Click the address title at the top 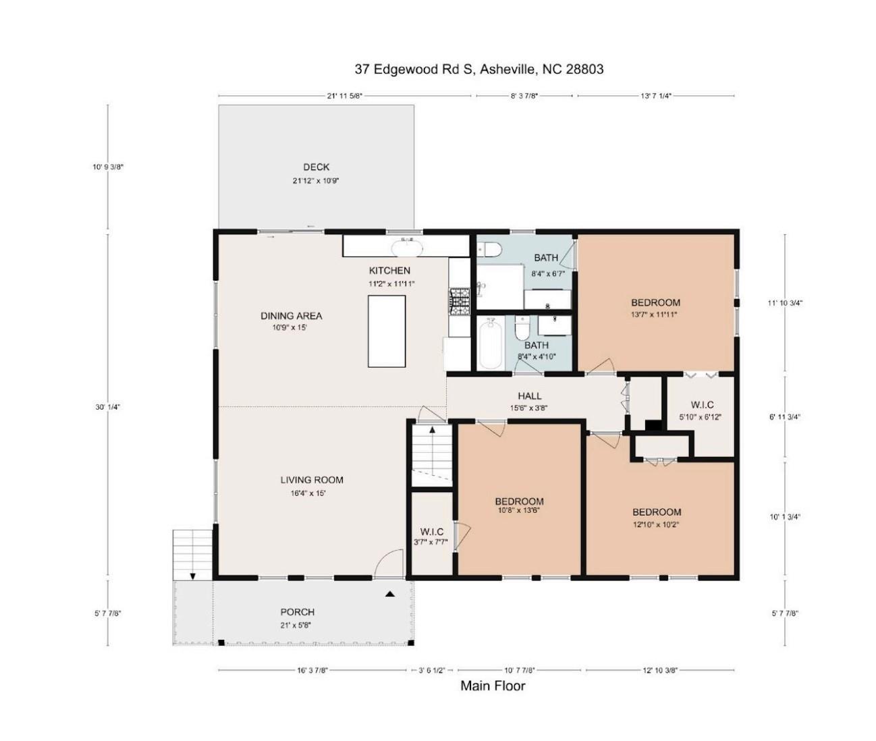(479, 69)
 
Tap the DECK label (316, 167)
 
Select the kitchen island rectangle (387, 331)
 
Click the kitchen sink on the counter (407, 248)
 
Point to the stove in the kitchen (460, 302)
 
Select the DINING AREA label (291, 316)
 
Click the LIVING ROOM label (312, 480)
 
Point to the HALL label (529, 396)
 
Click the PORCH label (297, 612)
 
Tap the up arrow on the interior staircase (432, 429)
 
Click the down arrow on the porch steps (192, 576)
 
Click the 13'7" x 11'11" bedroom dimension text (655, 314)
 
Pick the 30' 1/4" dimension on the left (108, 407)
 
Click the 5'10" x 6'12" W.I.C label (700, 416)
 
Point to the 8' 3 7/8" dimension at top (524, 96)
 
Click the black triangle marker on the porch (390, 595)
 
